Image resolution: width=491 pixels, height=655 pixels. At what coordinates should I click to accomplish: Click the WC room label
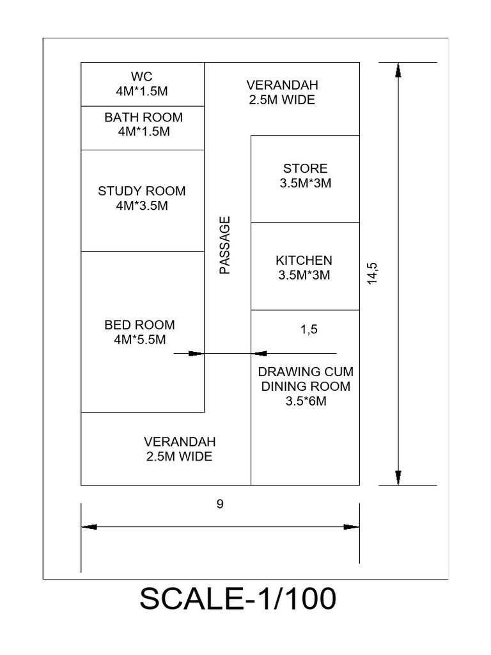(143, 77)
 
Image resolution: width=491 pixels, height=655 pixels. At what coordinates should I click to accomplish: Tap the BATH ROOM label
(143, 118)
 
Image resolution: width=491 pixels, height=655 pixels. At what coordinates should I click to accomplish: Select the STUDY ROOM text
(142, 191)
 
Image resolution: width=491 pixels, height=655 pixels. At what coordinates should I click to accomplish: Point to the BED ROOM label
(139, 325)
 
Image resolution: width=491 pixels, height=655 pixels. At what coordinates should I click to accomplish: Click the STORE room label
(305, 169)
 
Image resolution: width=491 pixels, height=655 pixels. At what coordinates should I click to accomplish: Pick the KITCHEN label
(304, 260)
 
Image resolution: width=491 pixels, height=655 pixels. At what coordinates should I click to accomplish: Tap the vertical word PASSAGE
(224, 246)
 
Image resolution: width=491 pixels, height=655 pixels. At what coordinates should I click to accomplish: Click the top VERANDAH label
(282, 85)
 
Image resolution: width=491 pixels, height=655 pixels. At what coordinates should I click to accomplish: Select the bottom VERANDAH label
(180, 442)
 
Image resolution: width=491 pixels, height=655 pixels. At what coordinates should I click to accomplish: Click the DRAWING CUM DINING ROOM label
(306, 379)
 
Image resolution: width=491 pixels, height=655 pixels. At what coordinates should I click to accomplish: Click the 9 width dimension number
(219, 505)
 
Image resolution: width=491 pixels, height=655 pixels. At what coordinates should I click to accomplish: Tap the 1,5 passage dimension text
(309, 330)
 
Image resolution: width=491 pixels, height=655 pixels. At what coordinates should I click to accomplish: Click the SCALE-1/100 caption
(237, 599)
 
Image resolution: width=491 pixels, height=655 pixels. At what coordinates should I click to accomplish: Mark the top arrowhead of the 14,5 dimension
(398, 70)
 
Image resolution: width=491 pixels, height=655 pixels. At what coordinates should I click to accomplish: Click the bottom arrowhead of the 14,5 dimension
(398, 478)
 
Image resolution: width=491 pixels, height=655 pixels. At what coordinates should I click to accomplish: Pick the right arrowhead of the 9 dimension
(351, 527)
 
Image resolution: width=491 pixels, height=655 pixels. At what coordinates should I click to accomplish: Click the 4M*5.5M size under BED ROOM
(139, 340)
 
